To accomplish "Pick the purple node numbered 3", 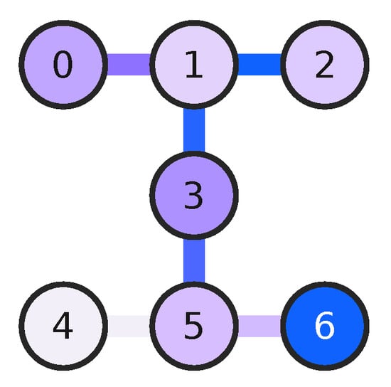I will coord(193,196).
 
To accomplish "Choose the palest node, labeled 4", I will coord(63,327).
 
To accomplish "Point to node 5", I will coord(193,327).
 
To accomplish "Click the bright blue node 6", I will coord(324,327).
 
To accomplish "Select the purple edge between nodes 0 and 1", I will coord(128,65).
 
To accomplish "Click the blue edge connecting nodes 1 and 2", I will coord(259,65).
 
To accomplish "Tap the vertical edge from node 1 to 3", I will coord(193,130).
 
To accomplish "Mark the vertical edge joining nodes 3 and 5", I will coord(193,261).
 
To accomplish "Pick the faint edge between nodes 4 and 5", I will coord(128,327).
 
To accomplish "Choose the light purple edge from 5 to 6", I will coord(259,327).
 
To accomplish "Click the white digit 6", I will coord(324,327).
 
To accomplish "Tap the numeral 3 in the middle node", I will coord(193,196).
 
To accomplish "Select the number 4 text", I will coord(63,327).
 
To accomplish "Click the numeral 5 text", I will coord(193,327).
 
